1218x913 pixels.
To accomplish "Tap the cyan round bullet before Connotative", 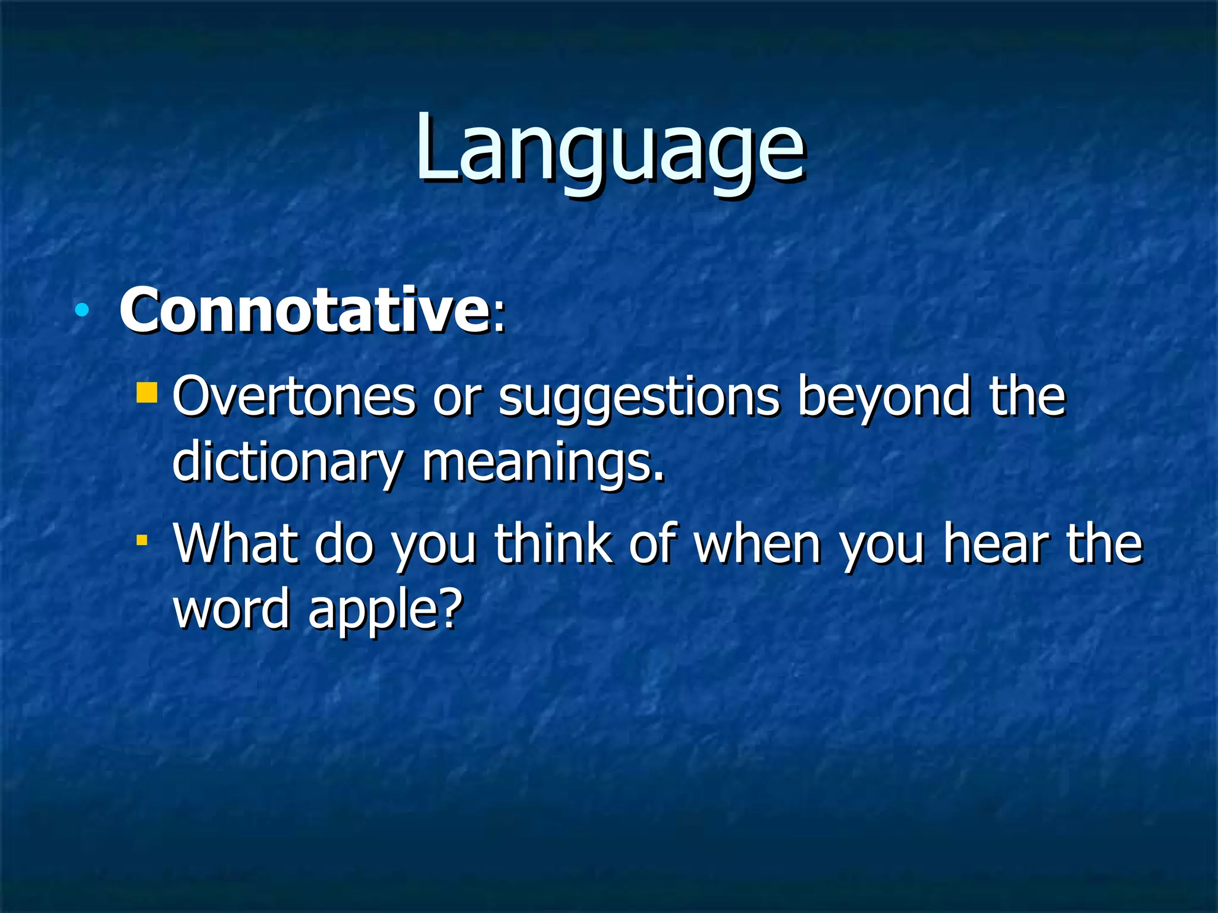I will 82,310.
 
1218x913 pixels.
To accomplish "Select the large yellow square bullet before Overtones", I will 146,393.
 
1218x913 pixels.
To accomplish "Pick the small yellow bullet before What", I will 142,540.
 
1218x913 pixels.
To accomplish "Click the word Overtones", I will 294,397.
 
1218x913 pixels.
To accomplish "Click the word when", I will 758,543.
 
